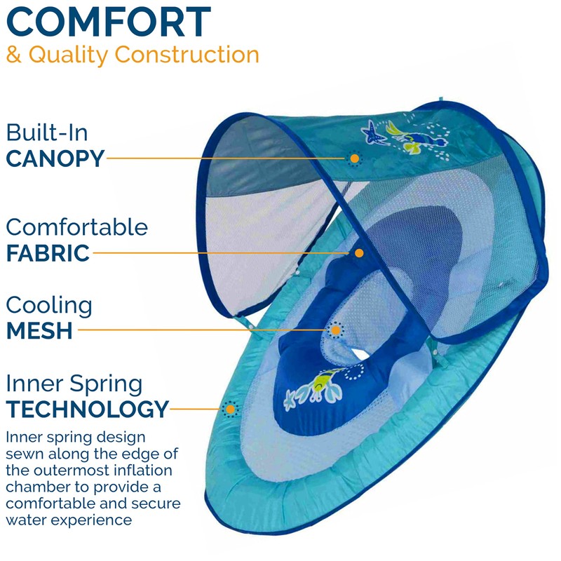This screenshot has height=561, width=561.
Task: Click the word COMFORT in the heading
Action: [109, 22]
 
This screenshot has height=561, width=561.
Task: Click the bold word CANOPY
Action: [55, 158]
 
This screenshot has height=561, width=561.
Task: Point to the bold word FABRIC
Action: [48, 252]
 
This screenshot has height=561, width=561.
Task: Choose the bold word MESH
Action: [39, 330]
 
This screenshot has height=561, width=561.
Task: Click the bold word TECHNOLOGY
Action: [88, 408]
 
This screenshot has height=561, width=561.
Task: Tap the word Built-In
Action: [47, 133]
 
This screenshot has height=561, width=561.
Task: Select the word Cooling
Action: [49, 305]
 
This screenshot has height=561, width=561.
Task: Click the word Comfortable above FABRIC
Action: [77, 227]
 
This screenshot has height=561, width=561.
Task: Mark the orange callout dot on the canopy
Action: [355, 159]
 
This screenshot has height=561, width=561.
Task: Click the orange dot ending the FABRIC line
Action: [359, 252]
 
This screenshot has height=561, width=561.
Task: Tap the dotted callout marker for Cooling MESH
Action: [337, 330]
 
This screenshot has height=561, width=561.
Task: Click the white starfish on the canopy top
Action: [369, 128]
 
